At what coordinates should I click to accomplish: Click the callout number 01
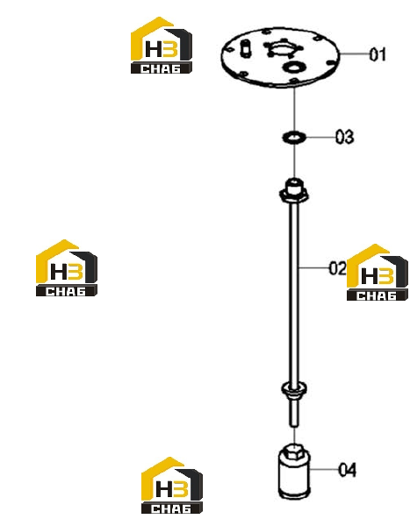point(378,54)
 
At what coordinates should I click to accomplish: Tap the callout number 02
point(337,268)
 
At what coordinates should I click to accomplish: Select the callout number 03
point(344,137)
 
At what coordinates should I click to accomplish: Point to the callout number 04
point(347,470)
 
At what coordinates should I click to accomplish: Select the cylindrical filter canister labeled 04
point(294,472)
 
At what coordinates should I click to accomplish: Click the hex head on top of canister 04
point(294,451)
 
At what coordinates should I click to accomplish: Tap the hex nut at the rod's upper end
point(294,192)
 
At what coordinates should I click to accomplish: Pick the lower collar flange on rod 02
point(293,389)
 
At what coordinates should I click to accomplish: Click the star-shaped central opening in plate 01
point(283,49)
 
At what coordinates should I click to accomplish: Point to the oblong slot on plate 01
point(245,49)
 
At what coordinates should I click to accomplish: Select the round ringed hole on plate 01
point(293,68)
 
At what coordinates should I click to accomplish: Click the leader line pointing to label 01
point(355,53)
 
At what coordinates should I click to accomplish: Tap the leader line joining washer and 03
point(320,137)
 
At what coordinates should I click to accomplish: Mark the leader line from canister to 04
point(324,469)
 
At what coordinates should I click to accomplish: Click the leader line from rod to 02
point(314,267)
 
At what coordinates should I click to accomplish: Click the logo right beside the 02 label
point(378,272)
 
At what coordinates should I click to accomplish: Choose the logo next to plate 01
point(162,45)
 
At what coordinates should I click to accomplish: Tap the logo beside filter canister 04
point(172,485)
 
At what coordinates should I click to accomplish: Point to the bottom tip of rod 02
point(294,426)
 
